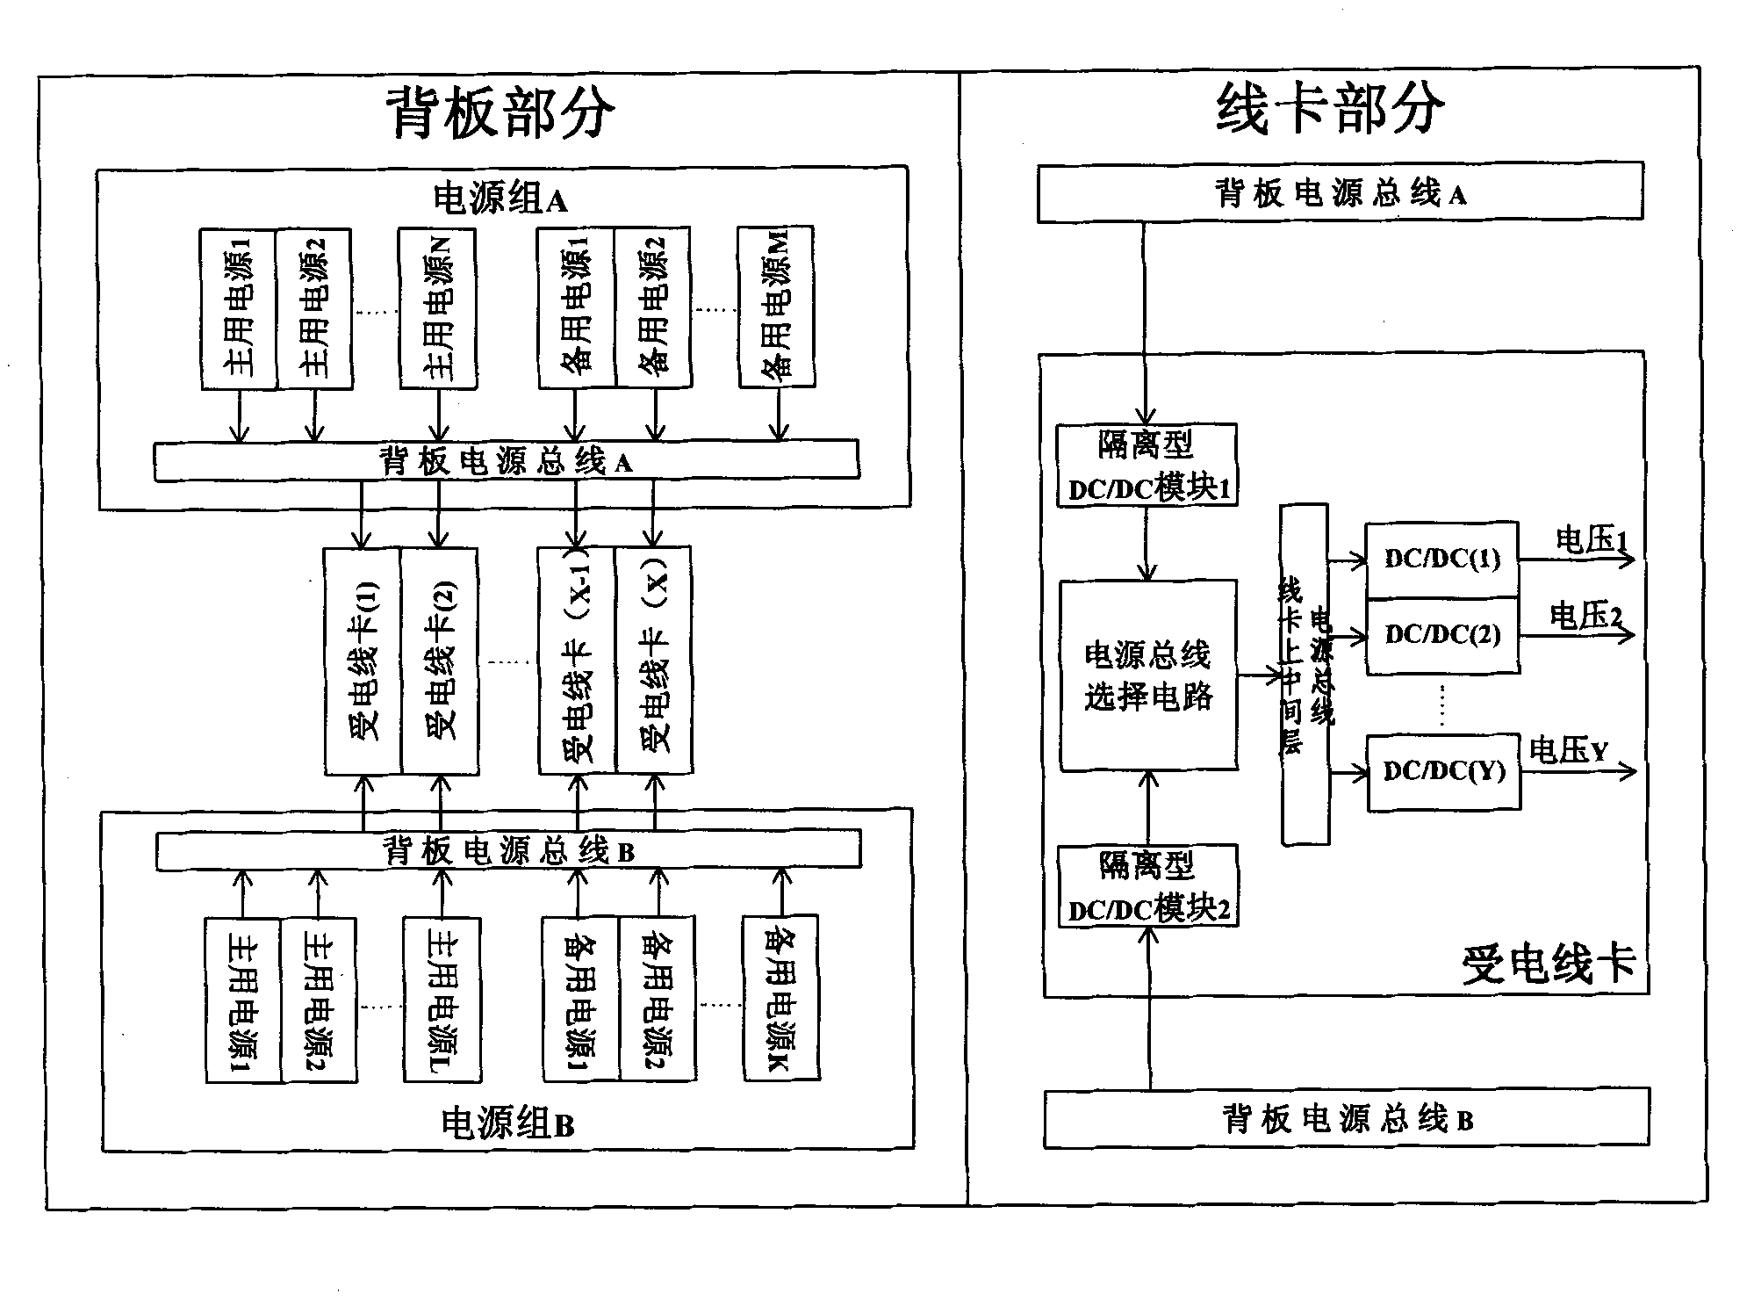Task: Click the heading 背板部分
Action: pos(500,112)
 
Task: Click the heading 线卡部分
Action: pos(1330,109)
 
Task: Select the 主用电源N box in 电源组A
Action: pos(438,307)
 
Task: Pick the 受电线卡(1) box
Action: pos(363,661)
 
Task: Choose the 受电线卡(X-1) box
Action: pos(577,661)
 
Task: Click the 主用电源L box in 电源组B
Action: pos(442,1000)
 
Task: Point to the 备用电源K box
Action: pos(780,998)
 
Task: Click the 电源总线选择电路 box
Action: pos(1148,675)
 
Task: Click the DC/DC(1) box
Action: pos(1442,560)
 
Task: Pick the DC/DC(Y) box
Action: pos(1444,771)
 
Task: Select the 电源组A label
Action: pos(500,199)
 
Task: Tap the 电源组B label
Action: pos(507,1123)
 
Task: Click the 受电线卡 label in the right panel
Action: pos(1549,964)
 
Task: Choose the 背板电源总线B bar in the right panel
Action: pos(1347,1119)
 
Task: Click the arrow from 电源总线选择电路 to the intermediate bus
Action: pos(1260,675)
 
